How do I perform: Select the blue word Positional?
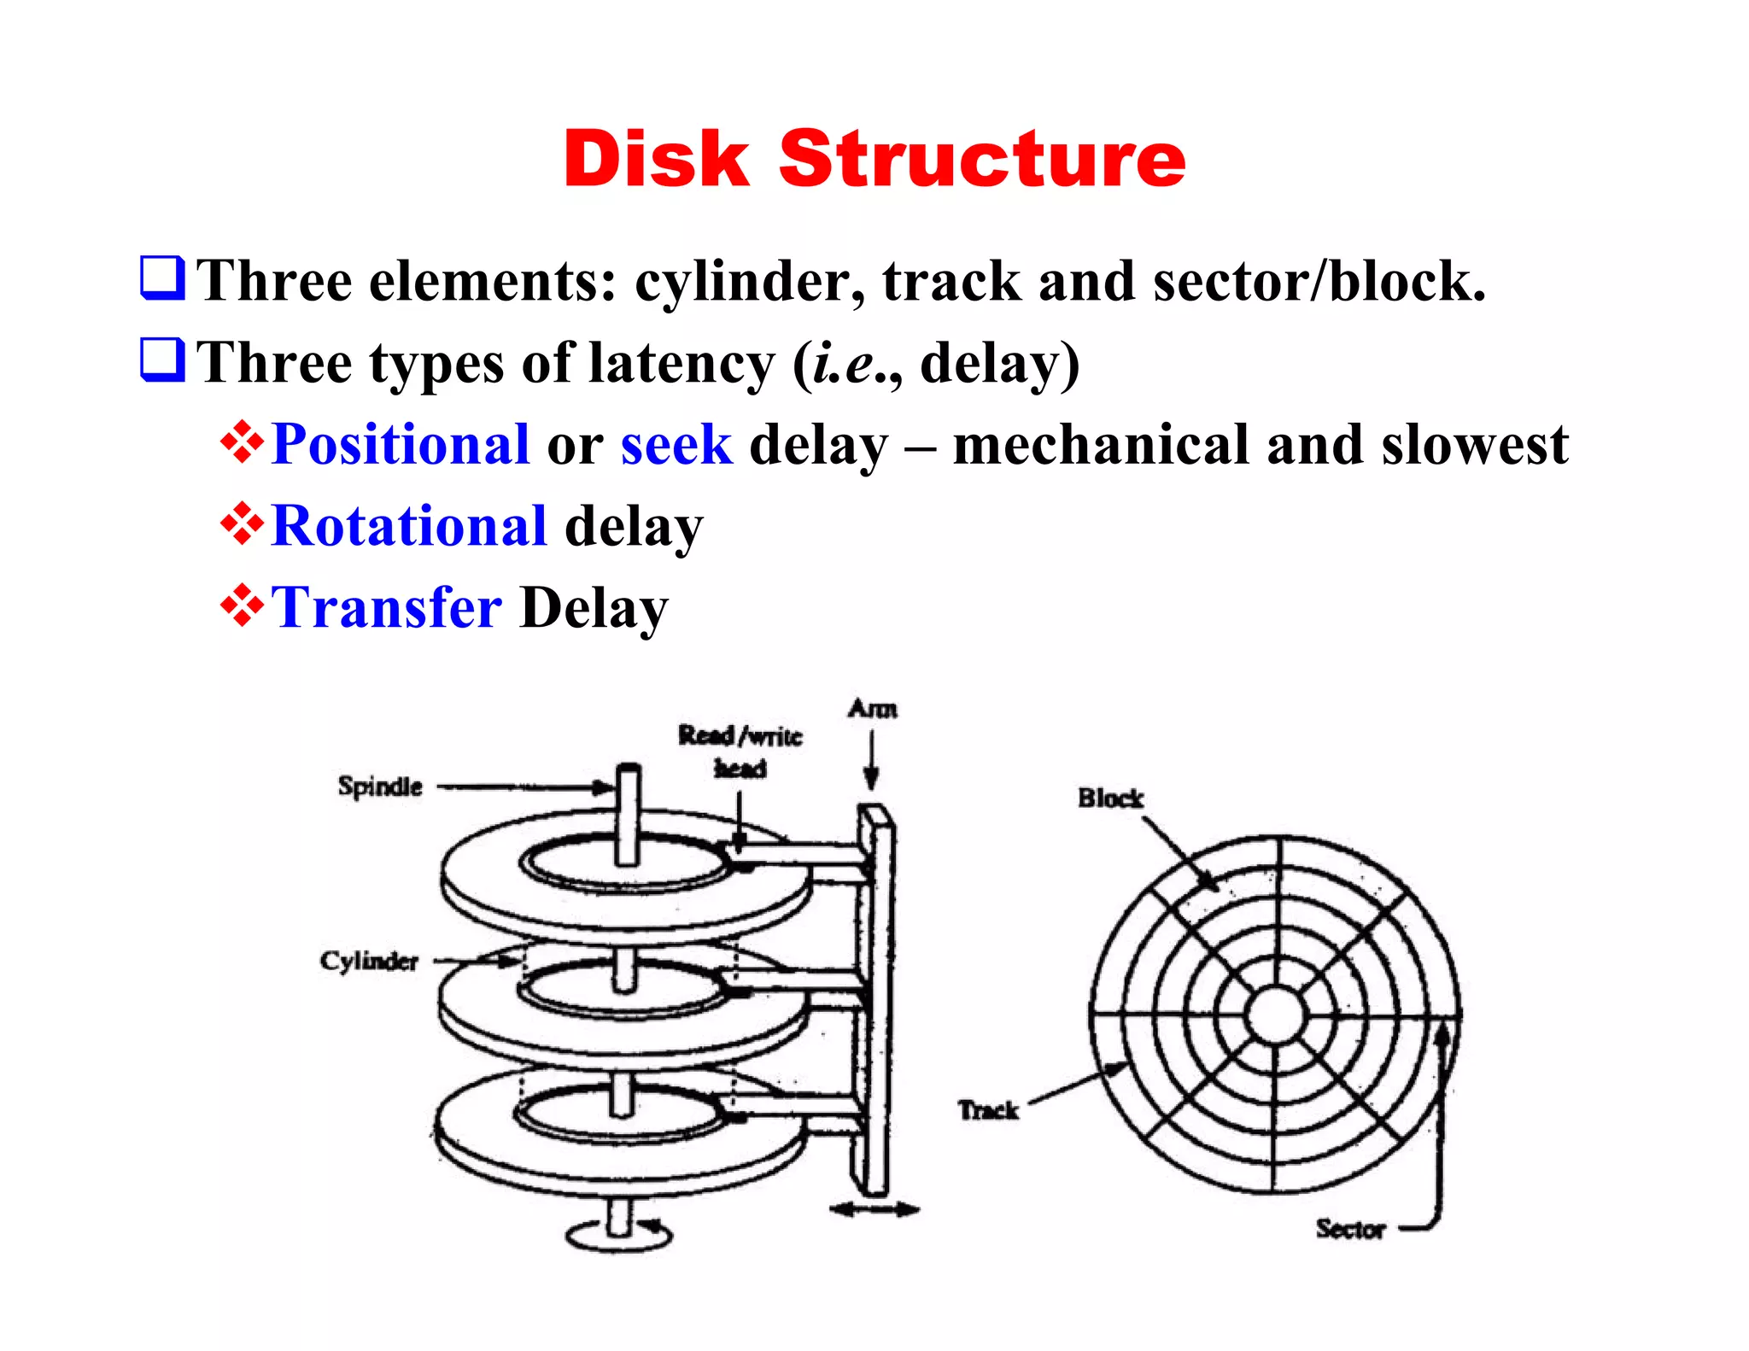(x=400, y=445)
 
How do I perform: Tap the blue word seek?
(x=676, y=445)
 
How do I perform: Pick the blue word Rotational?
(x=409, y=526)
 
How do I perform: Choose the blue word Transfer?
(x=386, y=608)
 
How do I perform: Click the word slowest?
(x=1475, y=445)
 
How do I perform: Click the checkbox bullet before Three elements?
(x=161, y=278)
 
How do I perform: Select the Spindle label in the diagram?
(x=380, y=787)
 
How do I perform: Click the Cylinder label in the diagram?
(x=369, y=962)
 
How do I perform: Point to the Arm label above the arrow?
(x=872, y=709)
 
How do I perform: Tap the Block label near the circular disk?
(x=1110, y=798)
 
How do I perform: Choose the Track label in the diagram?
(x=988, y=1110)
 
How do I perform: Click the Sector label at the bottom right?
(x=1349, y=1229)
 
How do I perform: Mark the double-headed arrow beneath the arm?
(x=874, y=1209)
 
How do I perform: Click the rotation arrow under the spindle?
(x=620, y=1235)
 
